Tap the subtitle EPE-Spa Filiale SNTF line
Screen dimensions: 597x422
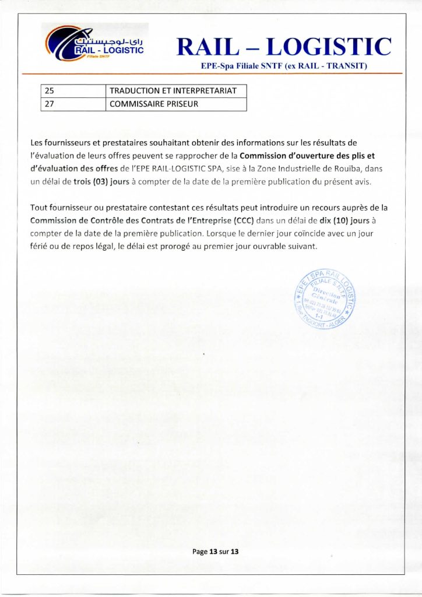click(x=283, y=66)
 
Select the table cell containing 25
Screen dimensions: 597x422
click(x=72, y=91)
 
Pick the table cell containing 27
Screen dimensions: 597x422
click(x=72, y=104)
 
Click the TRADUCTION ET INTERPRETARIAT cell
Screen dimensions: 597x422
click(x=175, y=91)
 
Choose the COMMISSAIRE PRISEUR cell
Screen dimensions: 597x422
click(x=175, y=104)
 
